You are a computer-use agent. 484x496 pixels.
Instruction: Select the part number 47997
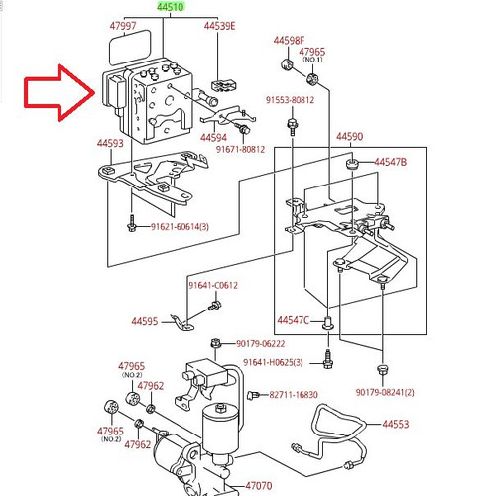123,25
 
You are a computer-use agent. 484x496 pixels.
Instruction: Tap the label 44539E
219,25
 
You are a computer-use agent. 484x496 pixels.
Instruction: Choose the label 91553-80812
290,100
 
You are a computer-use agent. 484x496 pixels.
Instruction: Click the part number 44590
349,136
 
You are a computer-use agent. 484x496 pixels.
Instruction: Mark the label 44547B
390,161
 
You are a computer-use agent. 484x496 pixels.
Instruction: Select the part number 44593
110,144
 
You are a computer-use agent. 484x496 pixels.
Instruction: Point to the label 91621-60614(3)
180,227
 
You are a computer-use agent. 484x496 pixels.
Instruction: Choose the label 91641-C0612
213,285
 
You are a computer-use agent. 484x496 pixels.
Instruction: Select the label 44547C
294,320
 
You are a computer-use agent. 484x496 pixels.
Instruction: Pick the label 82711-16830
294,394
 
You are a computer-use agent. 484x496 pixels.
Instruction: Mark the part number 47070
259,486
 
